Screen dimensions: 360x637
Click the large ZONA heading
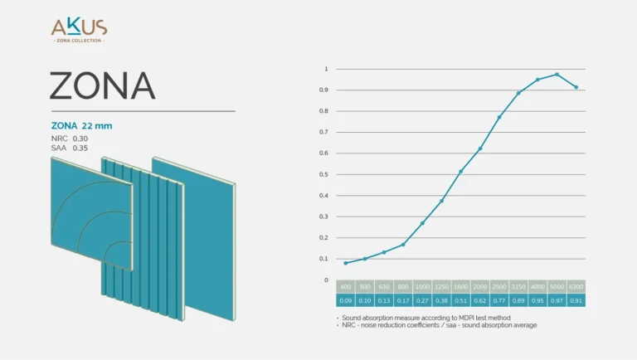click(102, 85)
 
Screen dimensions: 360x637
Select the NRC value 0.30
click(80, 138)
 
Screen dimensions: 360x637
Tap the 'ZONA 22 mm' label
click(81, 126)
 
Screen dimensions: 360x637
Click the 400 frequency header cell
click(346, 286)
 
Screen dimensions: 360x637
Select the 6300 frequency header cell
click(576, 286)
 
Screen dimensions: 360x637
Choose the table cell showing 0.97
click(557, 300)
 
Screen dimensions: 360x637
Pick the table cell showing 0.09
click(346, 300)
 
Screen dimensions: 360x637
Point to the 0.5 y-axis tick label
click(326, 174)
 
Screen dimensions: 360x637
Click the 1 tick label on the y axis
click(326, 69)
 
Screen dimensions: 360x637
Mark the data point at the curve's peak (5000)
click(557, 75)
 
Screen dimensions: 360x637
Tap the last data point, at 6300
click(576, 87)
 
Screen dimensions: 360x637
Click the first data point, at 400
click(346, 263)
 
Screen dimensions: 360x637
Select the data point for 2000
click(480, 148)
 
